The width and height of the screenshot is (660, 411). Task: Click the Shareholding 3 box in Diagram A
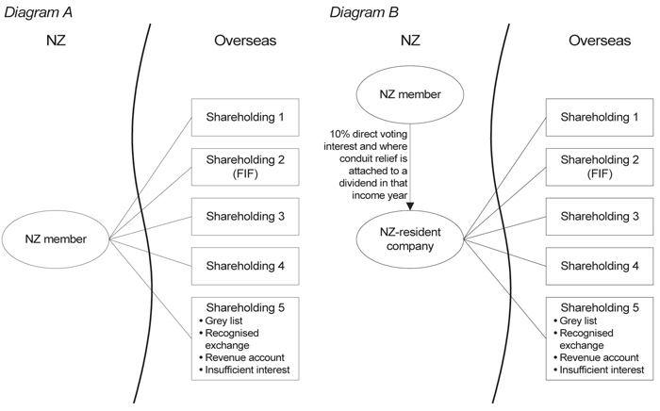click(x=245, y=216)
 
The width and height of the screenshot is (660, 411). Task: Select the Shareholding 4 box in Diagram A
click(x=245, y=266)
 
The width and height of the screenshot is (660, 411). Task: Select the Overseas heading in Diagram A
click(x=244, y=42)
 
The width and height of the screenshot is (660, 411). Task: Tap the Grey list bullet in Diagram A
click(x=226, y=321)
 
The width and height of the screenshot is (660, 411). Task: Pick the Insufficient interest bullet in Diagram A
click(x=247, y=370)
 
